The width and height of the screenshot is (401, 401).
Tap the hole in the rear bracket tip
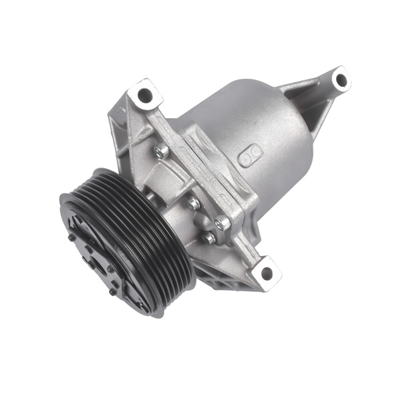click(342, 80)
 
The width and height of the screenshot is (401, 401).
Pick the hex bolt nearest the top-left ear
click(160, 152)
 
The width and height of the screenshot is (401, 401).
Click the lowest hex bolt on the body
click(209, 237)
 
